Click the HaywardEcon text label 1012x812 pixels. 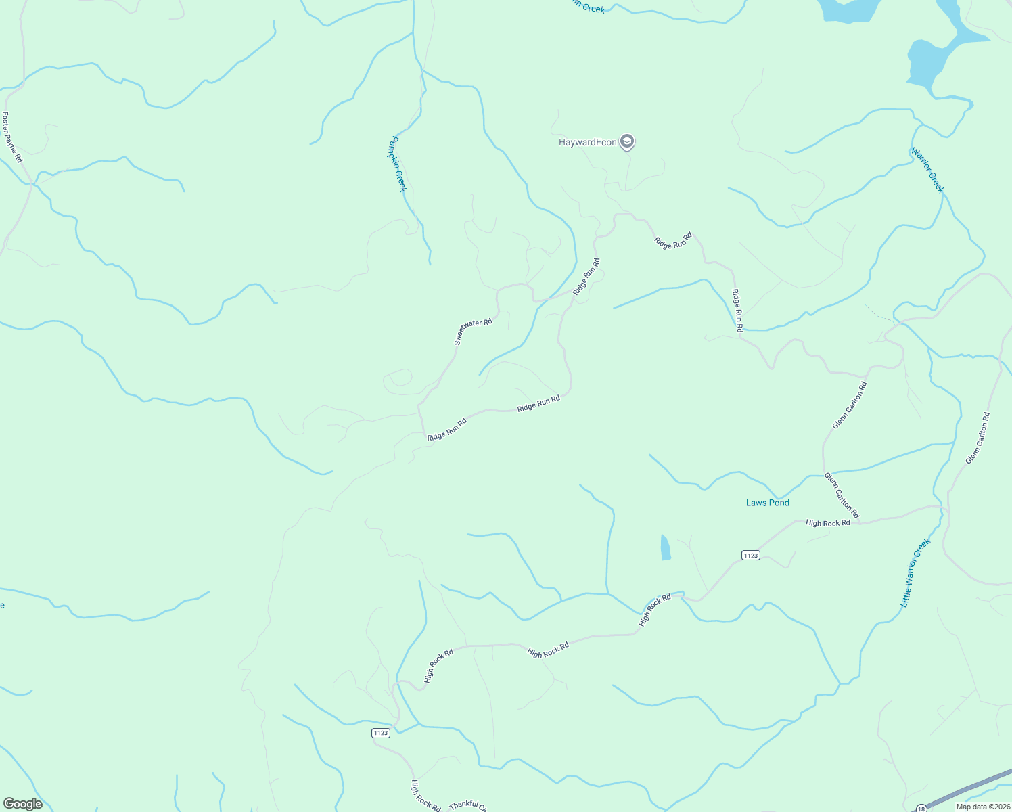pyautogui.click(x=587, y=142)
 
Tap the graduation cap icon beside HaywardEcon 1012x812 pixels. pyautogui.click(x=627, y=141)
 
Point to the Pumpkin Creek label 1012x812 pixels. pyautogui.click(x=397, y=164)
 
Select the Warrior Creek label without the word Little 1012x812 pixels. pyautogui.click(x=927, y=170)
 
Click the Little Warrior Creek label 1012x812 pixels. pyautogui.click(x=916, y=572)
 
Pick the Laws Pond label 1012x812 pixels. pyautogui.click(x=767, y=503)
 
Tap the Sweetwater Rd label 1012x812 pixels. pyautogui.click(x=473, y=332)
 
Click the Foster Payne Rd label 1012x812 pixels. pyautogui.click(x=13, y=137)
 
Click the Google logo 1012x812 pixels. pyautogui.click(x=23, y=803)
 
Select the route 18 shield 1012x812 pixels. pyautogui.click(x=921, y=808)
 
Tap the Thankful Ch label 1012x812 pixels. pyautogui.click(x=467, y=805)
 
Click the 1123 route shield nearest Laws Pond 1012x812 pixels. pyautogui.click(x=750, y=556)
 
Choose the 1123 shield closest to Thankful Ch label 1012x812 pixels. pyautogui.click(x=381, y=733)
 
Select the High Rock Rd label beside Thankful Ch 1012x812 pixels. pyautogui.click(x=425, y=796)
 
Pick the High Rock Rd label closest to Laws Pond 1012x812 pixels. pyautogui.click(x=827, y=523)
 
